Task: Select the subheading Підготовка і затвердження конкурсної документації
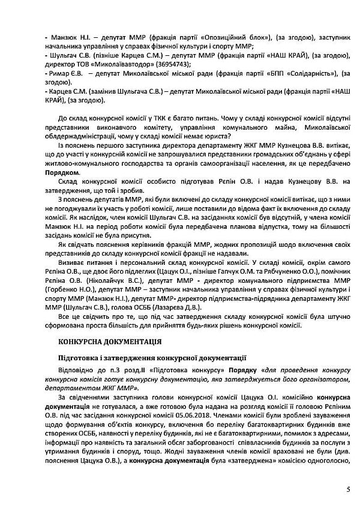point(145,357)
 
